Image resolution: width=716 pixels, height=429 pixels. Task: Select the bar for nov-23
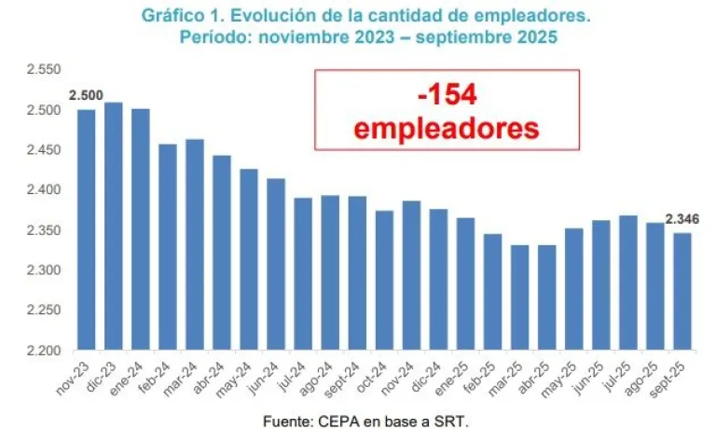(x=86, y=229)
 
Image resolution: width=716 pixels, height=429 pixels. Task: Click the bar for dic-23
(x=113, y=226)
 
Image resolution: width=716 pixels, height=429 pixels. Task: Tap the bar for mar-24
(x=195, y=244)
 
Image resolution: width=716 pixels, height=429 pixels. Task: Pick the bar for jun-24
(x=276, y=264)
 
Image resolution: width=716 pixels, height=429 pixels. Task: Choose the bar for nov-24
(x=411, y=275)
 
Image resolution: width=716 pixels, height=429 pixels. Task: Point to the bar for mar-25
(x=519, y=298)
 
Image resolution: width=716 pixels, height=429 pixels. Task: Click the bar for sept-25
(x=682, y=291)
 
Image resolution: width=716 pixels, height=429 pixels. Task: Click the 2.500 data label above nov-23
(x=86, y=96)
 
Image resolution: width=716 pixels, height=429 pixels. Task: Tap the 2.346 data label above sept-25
(x=682, y=219)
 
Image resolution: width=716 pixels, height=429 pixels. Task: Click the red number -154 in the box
(x=447, y=95)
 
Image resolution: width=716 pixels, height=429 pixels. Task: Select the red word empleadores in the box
(x=447, y=128)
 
